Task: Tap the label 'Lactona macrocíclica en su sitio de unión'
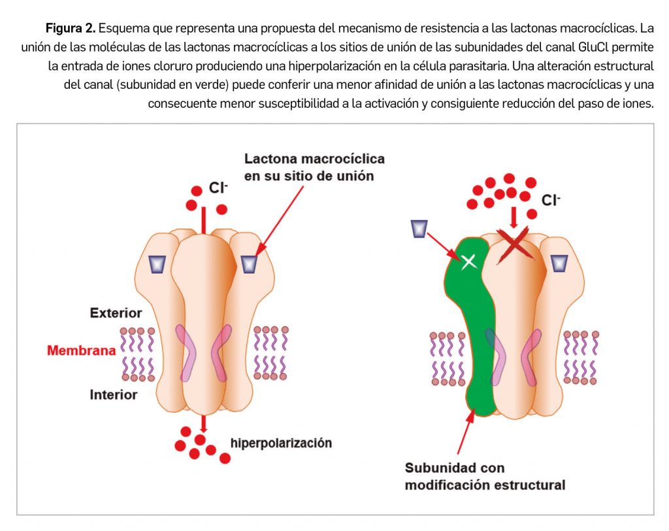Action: [x=314, y=167]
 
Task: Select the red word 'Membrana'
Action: [x=81, y=351]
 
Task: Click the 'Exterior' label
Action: [x=116, y=314]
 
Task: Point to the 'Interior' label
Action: [x=114, y=394]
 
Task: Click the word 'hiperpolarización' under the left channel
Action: [x=281, y=443]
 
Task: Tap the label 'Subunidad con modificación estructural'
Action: [x=485, y=476]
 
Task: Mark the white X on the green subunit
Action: [x=468, y=262]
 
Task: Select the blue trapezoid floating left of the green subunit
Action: [x=419, y=229]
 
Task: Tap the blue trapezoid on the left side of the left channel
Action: [x=157, y=264]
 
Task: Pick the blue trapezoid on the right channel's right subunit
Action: [x=559, y=263]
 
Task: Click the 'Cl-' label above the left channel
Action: [x=218, y=188]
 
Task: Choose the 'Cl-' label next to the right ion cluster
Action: [x=551, y=201]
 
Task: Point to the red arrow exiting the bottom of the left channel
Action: [x=204, y=423]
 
